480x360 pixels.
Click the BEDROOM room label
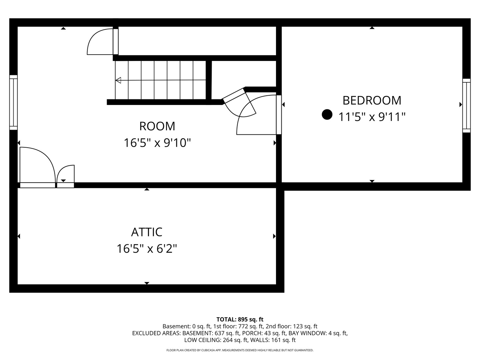pos(372,101)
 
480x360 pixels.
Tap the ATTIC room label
pos(147,232)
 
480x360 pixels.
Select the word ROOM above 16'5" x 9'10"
pos(157,126)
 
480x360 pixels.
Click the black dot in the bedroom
pos(327,115)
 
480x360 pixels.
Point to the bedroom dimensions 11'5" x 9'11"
pos(372,117)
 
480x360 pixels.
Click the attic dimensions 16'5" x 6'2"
pos(147,249)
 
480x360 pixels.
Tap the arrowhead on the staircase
pos(118,80)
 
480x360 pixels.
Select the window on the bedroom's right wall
pos(466,106)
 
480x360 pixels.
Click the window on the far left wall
pos(13,102)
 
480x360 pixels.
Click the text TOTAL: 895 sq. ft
pos(240,320)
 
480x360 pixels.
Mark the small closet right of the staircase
pos(244,74)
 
